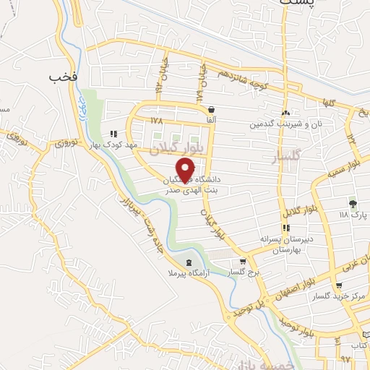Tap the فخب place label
(63, 75)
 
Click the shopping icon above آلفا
(210, 109)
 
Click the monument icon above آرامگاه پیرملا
(189, 262)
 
